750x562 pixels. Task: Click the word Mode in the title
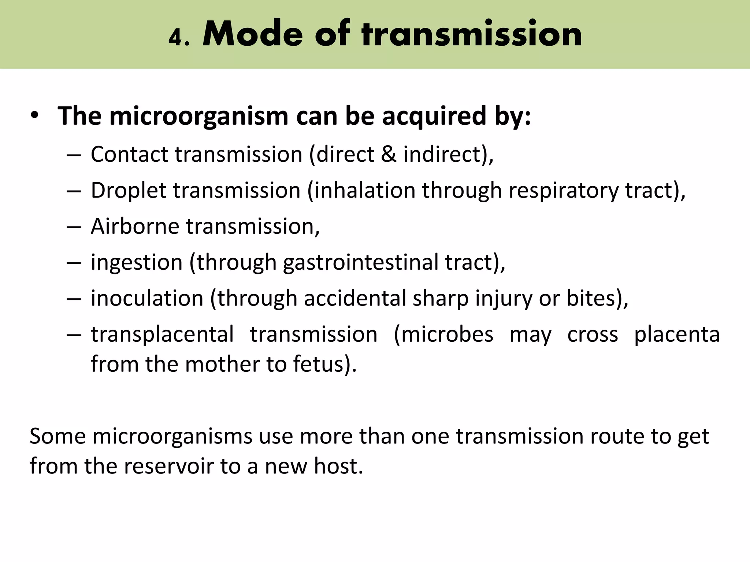coord(253,34)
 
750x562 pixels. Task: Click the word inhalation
coord(365,190)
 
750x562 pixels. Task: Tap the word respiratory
coord(564,191)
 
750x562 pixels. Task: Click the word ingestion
coord(137,263)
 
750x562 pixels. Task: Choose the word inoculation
coord(147,298)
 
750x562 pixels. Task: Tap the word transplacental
coord(162,334)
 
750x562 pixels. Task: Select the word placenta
coord(677,334)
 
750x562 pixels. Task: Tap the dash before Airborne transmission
coord(74,227)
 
